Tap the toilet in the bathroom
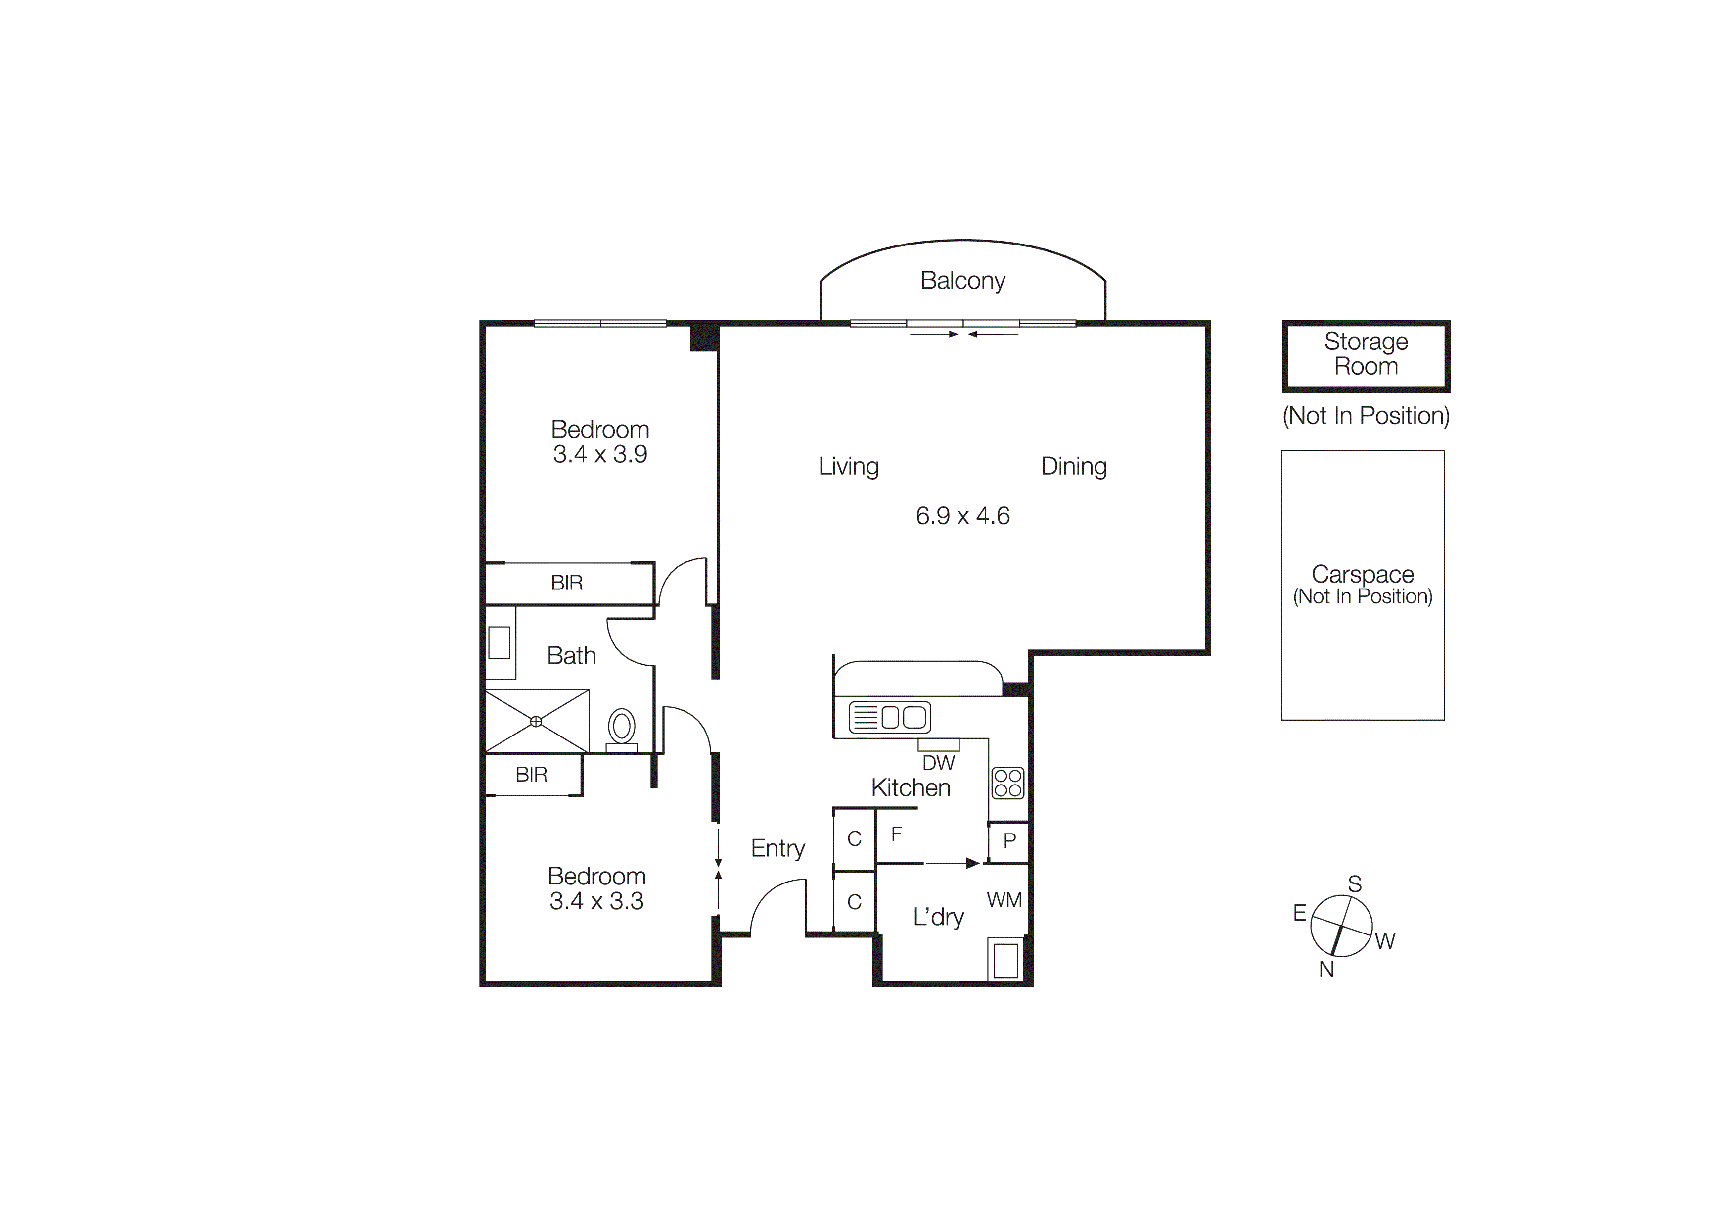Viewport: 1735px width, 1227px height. (621, 727)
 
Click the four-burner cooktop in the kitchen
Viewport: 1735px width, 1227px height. (1007, 783)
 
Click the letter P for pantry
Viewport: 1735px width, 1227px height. (1009, 840)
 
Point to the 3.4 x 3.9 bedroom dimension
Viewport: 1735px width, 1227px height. (599, 454)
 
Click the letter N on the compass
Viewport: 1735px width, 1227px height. (1326, 969)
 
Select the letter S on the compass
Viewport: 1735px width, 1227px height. (1354, 884)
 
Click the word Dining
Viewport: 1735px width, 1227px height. (1073, 466)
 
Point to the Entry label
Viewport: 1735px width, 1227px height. (777, 849)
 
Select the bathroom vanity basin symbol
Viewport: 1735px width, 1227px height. (499, 642)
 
